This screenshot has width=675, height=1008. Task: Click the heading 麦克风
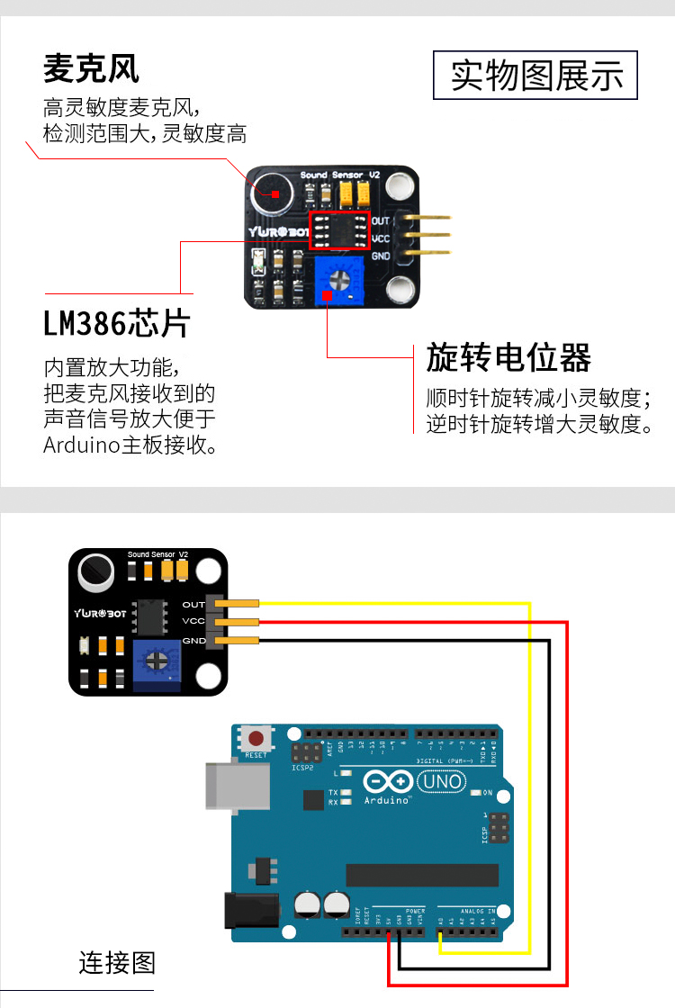pyautogui.click(x=91, y=68)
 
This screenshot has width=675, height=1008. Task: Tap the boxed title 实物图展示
pyautogui.click(x=536, y=76)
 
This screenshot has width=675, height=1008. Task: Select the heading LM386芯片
pyautogui.click(x=117, y=322)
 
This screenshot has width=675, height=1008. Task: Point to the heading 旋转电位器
pyautogui.click(x=508, y=358)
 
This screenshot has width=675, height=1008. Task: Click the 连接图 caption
pyautogui.click(x=117, y=963)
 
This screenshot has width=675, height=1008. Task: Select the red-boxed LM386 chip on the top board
pyautogui.click(x=340, y=230)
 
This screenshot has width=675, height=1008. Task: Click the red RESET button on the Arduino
pyautogui.click(x=256, y=740)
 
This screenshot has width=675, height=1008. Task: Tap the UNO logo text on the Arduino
pyautogui.click(x=444, y=781)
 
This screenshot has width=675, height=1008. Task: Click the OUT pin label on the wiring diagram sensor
pyautogui.click(x=193, y=605)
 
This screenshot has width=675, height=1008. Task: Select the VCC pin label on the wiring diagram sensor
pyautogui.click(x=193, y=622)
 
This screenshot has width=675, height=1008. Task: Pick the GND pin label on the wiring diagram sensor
pyautogui.click(x=193, y=641)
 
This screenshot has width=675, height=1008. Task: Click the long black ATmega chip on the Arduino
pyautogui.click(x=422, y=875)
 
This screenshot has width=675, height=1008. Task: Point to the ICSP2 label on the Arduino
pyautogui.click(x=302, y=769)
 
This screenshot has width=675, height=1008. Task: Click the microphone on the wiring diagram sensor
pyautogui.click(x=94, y=570)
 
